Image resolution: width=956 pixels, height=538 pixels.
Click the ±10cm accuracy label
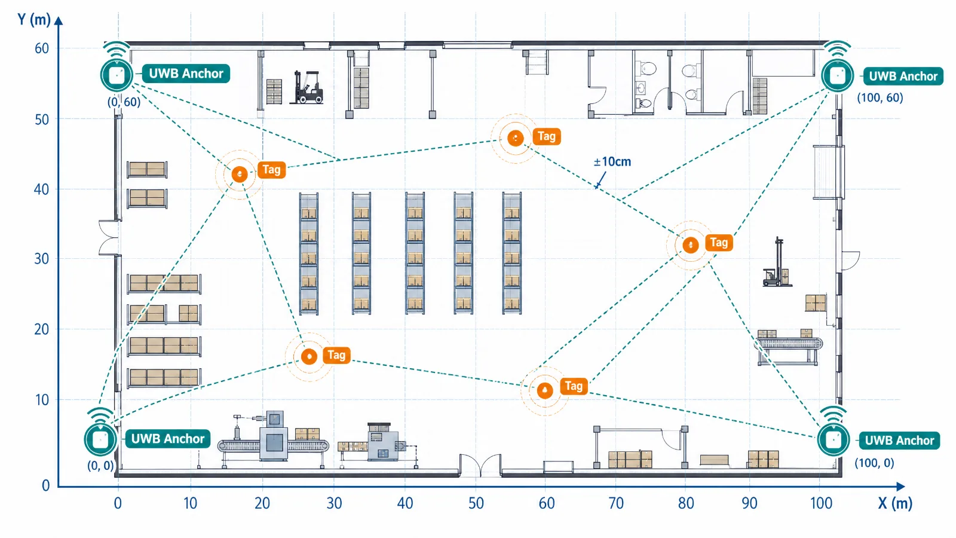pos(612,162)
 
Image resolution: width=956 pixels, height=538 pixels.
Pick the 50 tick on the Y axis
pos(42,120)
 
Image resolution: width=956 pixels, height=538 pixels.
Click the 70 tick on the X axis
pos(616,503)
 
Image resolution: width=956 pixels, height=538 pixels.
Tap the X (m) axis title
pos(895,503)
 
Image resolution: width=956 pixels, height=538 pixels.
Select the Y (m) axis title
pos(34,19)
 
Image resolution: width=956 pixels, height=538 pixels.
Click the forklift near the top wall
pos(307,87)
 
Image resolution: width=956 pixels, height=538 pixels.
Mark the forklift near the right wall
pos(777,262)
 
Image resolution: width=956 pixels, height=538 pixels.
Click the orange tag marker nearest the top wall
pos(516,138)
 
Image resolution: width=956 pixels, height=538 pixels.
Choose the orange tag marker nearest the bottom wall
pos(545,390)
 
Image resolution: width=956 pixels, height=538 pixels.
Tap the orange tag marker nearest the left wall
pos(240,174)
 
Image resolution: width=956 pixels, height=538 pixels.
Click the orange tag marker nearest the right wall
pos(691,245)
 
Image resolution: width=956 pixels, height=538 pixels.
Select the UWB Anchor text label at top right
pos(903,77)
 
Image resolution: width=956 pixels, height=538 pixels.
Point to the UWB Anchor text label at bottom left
pos(168,439)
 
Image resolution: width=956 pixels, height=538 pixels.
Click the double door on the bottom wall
pos(480,465)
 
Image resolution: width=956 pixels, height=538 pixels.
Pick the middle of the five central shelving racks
pos(415,253)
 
